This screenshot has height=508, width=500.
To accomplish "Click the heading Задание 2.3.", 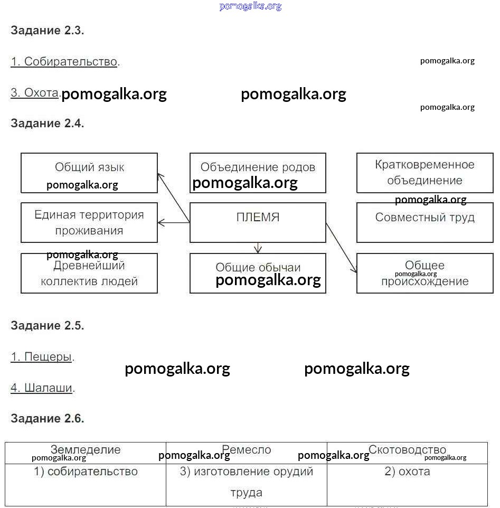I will (48, 30).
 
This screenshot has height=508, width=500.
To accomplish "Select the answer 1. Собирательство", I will (64, 62).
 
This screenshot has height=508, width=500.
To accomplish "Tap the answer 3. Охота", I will (34, 93).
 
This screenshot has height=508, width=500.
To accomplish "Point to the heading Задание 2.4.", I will (48, 124).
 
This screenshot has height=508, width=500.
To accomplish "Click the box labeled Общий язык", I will (89, 173).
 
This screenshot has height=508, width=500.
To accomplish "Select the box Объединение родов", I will (258, 173).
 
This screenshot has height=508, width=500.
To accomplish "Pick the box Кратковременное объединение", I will (424, 173).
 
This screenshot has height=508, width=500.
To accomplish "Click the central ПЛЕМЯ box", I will (258, 222).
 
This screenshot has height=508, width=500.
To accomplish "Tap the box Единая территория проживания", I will (89, 222).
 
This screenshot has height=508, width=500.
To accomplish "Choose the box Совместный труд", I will (424, 222).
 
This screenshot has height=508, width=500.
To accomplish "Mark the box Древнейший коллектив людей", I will (89, 273).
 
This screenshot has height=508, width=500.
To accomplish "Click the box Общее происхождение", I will (424, 273).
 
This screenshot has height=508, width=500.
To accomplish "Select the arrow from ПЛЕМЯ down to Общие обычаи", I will (258, 248).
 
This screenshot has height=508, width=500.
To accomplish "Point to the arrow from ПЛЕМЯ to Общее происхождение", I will (342, 248).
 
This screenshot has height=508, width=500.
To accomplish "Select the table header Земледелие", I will (86, 450).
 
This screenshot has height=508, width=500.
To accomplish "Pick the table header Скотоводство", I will (407, 450).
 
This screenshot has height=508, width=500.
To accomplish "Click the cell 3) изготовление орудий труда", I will (247, 482).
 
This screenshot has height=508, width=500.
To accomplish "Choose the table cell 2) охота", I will (407, 472).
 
